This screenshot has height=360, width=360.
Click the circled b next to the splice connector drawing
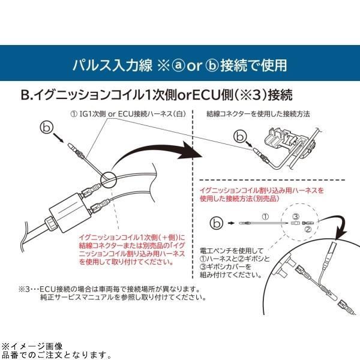pyautogui.click(x=241, y=137)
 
